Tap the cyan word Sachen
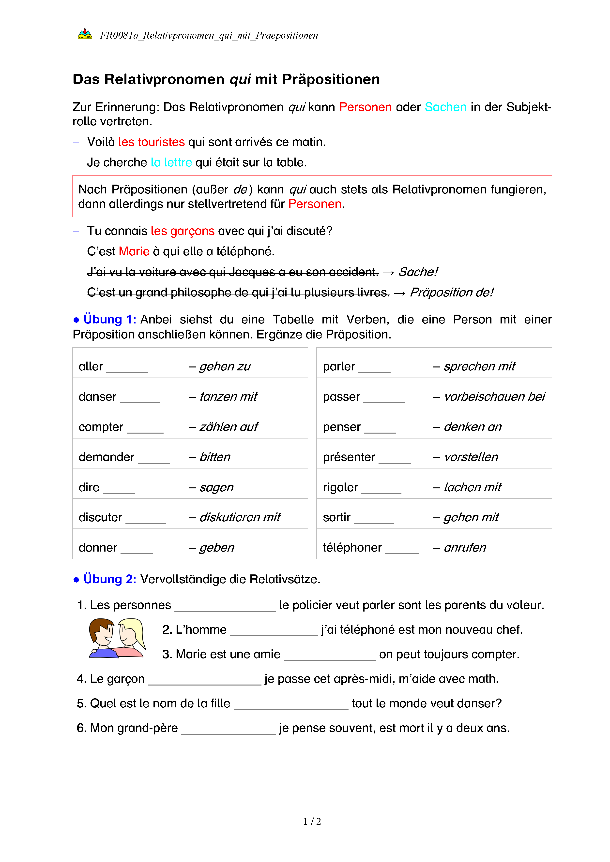[445, 107]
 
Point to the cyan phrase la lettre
[171, 162]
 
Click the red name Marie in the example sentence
[134, 251]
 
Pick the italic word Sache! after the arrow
[418, 272]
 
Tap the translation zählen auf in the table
[228, 427]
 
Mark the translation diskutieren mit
[240, 518]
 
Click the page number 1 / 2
[312, 821]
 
